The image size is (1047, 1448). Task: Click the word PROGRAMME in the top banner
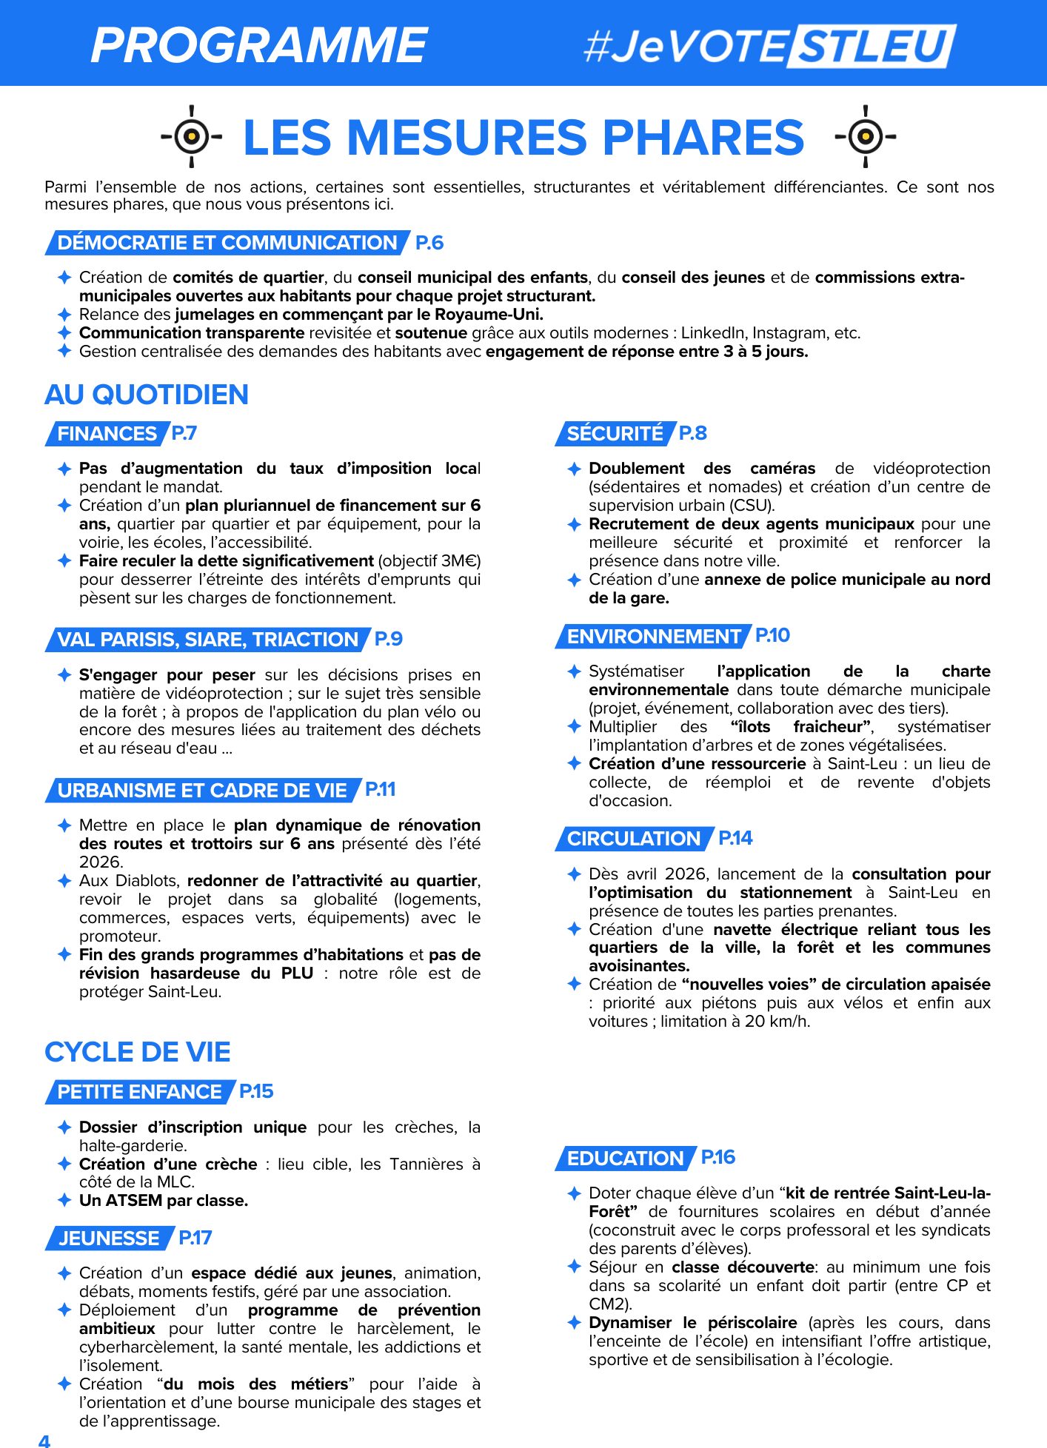[x=259, y=44]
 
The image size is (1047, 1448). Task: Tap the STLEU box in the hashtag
[x=872, y=46]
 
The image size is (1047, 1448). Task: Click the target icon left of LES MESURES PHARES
[x=192, y=136]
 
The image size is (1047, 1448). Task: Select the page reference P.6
[x=429, y=243]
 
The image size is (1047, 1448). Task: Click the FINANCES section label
[x=107, y=434]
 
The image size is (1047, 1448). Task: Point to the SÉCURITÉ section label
[x=615, y=434]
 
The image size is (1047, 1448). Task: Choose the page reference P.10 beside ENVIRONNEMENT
[x=772, y=635]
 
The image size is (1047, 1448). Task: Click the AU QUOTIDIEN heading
[x=147, y=395]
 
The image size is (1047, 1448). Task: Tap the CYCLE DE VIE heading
[x=138, y=1052]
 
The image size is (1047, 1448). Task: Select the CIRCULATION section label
[x=633, y=839]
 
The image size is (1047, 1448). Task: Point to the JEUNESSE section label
[x=109, y=1238]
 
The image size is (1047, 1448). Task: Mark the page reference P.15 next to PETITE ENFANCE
[x=256, y=1091]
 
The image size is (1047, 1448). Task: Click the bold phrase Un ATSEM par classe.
[x=164, y=1201]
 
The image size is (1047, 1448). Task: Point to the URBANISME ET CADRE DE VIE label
[x=201, y=791]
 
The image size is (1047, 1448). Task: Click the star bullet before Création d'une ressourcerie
[x=574, y=763]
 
